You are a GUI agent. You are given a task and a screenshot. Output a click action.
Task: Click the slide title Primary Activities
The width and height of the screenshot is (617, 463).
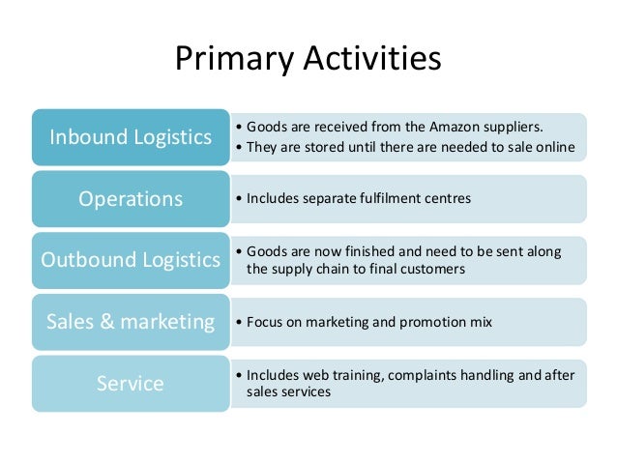pos(308,59)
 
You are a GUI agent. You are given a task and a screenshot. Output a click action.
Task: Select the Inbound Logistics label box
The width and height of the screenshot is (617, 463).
pos(130,137)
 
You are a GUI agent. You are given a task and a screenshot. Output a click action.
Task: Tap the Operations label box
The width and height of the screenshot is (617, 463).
pos(130,199)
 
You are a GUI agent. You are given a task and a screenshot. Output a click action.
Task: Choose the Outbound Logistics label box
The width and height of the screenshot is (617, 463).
pos(130,261)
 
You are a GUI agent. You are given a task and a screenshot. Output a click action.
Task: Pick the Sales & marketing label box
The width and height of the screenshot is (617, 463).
pos(130,322)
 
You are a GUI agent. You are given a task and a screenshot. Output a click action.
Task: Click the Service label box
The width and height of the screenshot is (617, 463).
pos(130,384)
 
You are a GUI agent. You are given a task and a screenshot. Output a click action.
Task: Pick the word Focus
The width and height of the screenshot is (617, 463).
pos(265,322)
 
